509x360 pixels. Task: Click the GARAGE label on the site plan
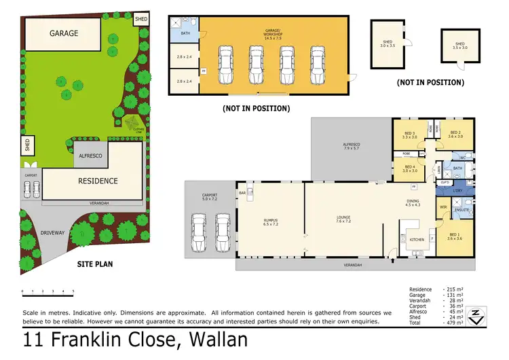tap(63, 33)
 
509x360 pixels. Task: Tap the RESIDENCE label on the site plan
tap(97, 181)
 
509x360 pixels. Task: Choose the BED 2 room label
tap(455, 134)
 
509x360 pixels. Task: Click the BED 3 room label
tap(409, 134)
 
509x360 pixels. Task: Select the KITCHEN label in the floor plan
tap(416, 239)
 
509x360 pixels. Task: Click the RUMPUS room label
tap(262, 221)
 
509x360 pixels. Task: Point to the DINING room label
tap(413, 202)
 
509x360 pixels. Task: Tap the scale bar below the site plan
tap(48, 290)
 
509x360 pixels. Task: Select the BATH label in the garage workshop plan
tap(185, 33)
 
